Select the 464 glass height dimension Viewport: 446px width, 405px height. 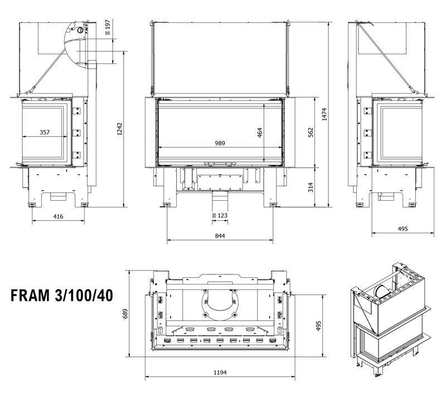tap(260, 133)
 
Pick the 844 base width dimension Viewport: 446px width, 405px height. tap(220, 236)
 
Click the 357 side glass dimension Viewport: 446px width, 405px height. tap(45, 132)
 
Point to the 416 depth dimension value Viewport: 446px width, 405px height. tap(58, 216)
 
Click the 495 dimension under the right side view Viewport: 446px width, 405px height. tap(403, 228)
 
